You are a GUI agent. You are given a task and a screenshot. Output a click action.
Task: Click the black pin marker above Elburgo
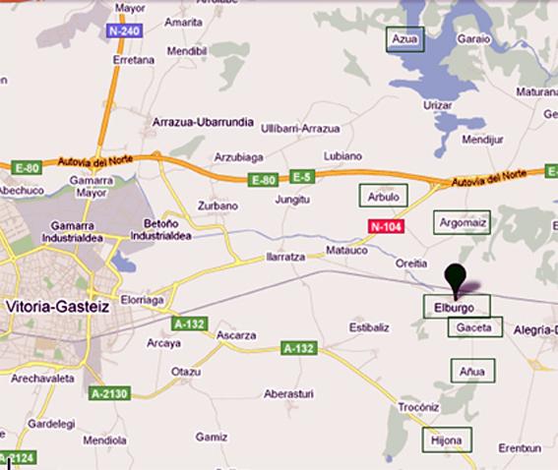(455, 276)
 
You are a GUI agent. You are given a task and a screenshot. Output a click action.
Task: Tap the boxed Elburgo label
(456, 307)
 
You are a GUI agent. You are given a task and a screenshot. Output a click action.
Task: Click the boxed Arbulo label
(383, 197)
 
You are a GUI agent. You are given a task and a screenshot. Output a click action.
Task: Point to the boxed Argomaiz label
(463, 221)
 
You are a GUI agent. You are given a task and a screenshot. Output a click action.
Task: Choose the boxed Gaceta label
(474, 327)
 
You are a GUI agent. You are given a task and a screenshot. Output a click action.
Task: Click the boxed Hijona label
(446, 441)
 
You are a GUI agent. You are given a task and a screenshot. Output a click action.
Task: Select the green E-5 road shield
(301, 177)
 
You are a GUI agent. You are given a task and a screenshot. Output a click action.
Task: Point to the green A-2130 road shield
(109, 393)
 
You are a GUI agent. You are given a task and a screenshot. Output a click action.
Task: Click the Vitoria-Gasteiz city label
(58, 306)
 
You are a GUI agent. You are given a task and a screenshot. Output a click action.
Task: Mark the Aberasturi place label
(288, 393)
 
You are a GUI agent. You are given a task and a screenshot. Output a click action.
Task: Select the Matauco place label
(344, 251)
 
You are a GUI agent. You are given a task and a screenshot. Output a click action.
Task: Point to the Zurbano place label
(217, 206)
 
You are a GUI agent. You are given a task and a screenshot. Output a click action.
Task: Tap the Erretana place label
(135, 59)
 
